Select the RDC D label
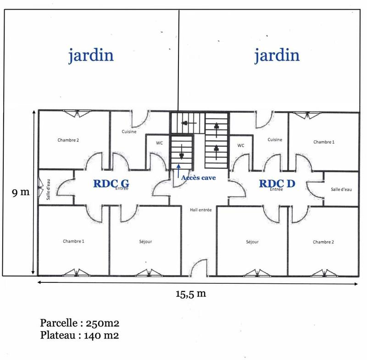tap(277, 183)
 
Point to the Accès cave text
tap(199, 177)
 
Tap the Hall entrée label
tap(200, 210)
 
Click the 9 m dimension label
tap(21, 193)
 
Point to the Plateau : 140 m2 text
tap(79, 335)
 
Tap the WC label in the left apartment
tap(159, 143)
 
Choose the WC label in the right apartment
tap(240, 145)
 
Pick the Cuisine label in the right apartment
tap(274, 140)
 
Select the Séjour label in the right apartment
tap(252, 242)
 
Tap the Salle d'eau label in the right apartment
tap(341, 189)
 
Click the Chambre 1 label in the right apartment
tap(324, 142)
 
